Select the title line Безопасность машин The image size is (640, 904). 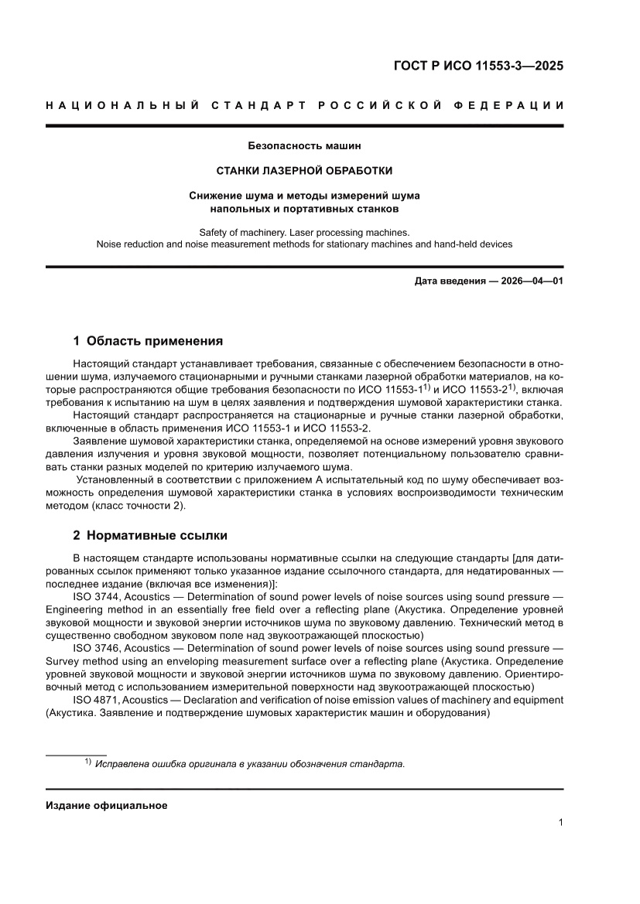click(x=304, y=145)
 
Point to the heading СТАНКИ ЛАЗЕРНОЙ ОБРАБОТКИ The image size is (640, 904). click(x=304, y=170)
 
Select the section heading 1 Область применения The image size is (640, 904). click(x=148, y=340)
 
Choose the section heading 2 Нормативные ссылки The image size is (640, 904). click(x=150, y=535)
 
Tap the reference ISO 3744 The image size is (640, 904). click(x=96, y=597)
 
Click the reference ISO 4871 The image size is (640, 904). click(x=96, y=699)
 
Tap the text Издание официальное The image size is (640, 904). click(x=107, y=805)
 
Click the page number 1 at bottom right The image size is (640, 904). click(x=560, y=823)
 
